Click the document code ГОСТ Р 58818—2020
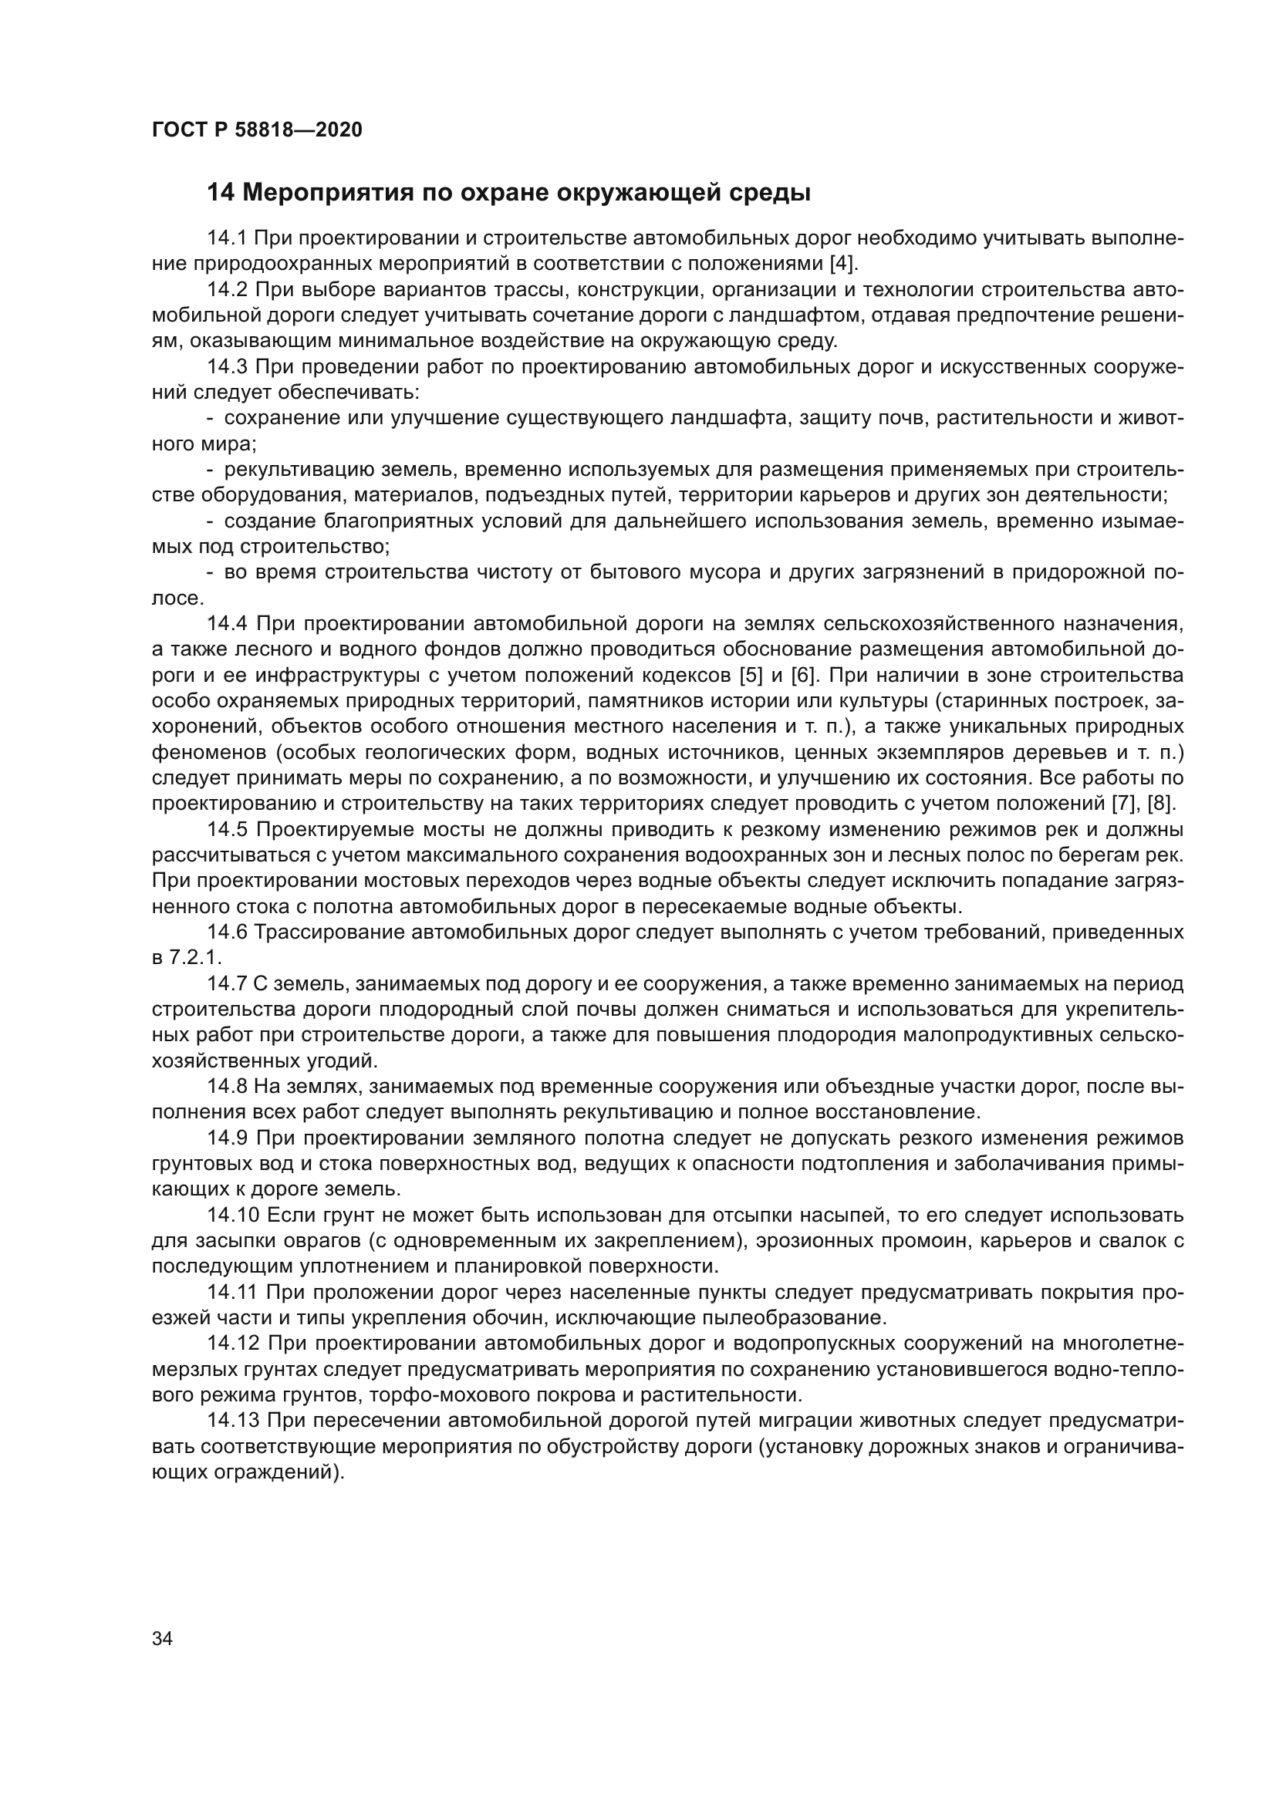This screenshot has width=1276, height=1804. (257, 130)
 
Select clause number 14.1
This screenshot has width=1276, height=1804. (227, 238)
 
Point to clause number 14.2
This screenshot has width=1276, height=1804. (227, 290)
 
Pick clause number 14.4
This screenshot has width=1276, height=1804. (227, 624)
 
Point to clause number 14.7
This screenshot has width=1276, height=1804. (227, 983)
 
